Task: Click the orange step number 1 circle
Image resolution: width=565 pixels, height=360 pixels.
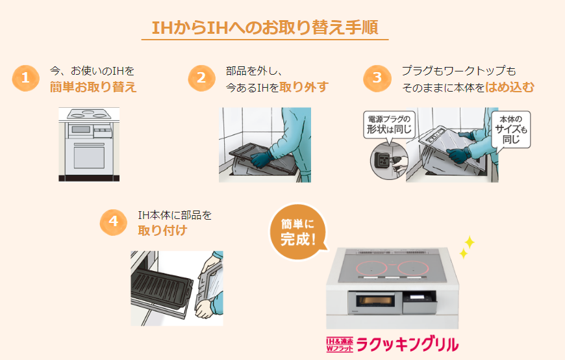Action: (x=25, y=78)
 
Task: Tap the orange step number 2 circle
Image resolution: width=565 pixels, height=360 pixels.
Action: (x=201, y=78)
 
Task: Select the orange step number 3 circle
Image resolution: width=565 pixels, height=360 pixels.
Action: (x=377, y=78)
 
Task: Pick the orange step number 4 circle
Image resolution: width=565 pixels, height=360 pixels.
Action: (x=114, y=222)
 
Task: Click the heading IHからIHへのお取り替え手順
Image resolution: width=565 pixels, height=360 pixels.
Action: (x=265, y=27)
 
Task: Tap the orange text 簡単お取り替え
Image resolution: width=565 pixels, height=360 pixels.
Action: (x=94, y=87)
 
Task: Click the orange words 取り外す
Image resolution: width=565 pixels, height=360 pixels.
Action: (x=304, y=87)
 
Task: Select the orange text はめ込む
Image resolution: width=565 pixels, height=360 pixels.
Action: (x=510, y=87)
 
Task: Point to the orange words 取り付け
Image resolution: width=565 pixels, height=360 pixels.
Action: (x=162, y=230)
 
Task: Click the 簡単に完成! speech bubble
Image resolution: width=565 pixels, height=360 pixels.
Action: (x=297, y=232)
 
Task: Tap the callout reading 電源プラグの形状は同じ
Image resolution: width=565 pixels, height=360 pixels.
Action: (x=389, y=125)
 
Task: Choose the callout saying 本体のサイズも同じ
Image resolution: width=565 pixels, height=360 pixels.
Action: (x=511, y=129)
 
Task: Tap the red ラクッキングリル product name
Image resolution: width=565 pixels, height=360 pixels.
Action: (x=408, y=344)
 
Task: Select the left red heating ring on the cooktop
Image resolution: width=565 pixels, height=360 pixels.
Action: (x=372, y=268)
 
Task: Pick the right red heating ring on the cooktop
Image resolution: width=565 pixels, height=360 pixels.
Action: (x=413, y=268)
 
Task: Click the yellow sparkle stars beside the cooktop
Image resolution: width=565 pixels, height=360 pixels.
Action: (x=468, y=247)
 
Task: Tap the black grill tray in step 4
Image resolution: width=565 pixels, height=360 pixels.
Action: (x=162, y=288)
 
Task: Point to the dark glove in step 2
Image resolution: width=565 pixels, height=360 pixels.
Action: (x=261, y=159)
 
